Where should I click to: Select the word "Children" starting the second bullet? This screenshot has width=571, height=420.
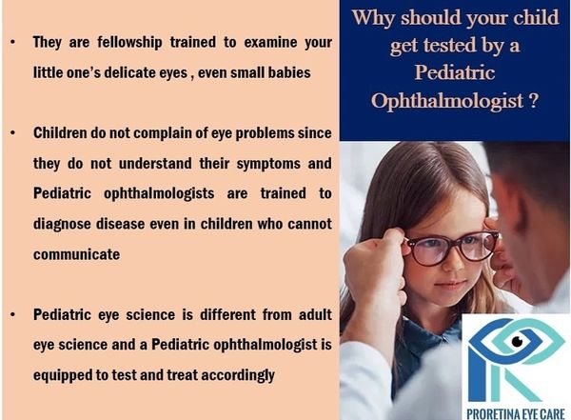[x=60, y=133]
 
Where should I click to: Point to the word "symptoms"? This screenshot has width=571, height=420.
[x=268, y=165]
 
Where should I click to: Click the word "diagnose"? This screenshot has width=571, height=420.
[x=62, y=225]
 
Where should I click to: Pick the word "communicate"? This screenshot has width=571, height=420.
[x=76, y=254]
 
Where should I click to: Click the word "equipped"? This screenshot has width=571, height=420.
[x=63, y=376]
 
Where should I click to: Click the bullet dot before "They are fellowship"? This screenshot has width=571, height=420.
[x=13, y=42]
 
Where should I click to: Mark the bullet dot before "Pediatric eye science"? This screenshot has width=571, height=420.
[x=13, y=314]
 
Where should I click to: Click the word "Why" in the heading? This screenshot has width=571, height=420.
[x=373, y=18]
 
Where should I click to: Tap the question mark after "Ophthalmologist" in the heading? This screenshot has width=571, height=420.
[x=534, y=100]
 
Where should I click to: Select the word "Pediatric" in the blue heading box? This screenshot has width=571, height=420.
[x=455, y=71]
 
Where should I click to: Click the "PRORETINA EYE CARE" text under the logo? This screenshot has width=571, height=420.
[x=516, y=414]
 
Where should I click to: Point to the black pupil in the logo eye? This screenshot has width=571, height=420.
[x=517, y=341]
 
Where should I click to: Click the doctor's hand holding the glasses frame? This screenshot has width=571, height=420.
[x=375, y=266]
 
